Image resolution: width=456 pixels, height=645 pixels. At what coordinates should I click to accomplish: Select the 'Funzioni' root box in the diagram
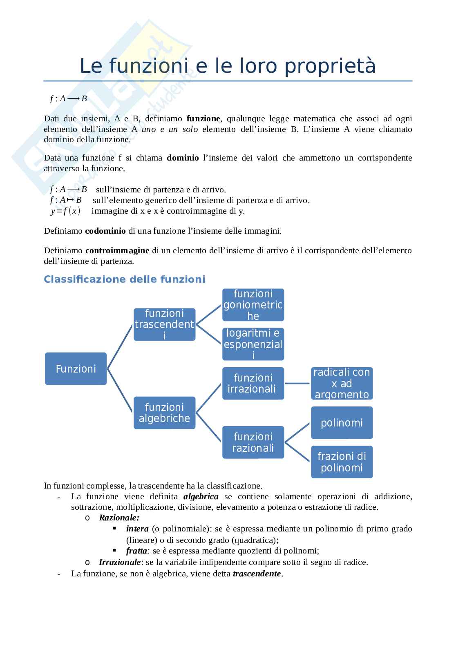click(x=76, y=369)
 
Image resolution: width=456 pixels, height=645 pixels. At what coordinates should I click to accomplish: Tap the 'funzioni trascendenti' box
click(x=164, y=325)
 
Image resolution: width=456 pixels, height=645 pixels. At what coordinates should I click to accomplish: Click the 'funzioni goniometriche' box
click(x=253, y=305)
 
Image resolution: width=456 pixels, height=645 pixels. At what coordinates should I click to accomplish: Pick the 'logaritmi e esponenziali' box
click(x=253, y=344)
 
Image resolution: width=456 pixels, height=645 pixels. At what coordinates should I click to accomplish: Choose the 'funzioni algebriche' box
click(x=164, y=413)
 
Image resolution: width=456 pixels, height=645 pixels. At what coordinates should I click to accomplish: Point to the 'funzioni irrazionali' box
click(x=253, y=383)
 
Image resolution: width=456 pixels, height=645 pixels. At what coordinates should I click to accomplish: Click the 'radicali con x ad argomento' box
click(x=342, y=383)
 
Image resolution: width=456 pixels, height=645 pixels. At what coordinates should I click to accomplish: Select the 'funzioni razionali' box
click(x=253, y=442)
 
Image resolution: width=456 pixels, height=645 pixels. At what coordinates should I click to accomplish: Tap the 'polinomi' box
click(x=342, y=423)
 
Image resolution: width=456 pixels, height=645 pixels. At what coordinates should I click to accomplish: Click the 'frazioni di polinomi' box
click(x=342, y=462)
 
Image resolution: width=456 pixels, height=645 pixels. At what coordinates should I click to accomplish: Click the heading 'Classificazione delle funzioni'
click(x=125, y=279)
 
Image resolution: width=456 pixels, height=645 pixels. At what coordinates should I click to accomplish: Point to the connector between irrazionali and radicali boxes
click(x=297, y=383)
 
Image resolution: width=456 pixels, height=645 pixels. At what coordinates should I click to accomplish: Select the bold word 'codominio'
click(x=105, y=231)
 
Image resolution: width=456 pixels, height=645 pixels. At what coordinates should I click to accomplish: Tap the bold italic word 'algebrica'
click(x=201, y=497)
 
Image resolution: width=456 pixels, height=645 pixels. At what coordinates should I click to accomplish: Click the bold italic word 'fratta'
click(x=136, y=551)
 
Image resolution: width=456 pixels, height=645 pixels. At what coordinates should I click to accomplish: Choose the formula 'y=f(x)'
click(x=65, y=211)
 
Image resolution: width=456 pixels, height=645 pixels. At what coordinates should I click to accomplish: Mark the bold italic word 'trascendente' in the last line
click(x=257, y=574)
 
